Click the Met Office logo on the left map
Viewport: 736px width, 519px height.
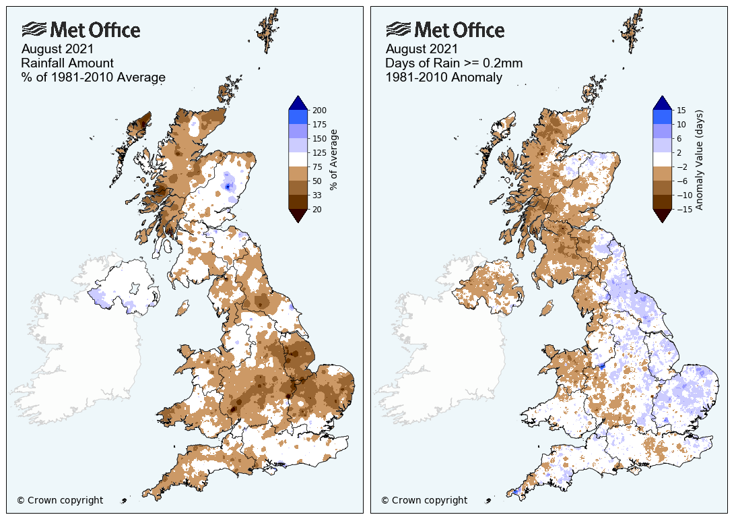81,30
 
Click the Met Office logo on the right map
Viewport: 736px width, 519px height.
445,30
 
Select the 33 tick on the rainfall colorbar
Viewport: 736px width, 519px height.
316,195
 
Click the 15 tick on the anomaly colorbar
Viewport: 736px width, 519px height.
680,110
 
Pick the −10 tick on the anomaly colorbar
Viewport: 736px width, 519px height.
682,195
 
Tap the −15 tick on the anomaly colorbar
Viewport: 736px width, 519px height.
682,210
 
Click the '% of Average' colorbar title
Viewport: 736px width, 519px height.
335,160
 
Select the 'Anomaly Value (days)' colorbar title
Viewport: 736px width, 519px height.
700,160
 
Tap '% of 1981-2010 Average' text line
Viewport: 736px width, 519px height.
93,78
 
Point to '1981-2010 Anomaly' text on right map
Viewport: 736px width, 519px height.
444,78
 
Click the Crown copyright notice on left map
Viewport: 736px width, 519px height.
60,500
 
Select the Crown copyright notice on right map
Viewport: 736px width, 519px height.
424,500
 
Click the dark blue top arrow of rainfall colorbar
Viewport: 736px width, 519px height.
298,102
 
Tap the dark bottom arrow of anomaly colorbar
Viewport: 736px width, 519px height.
662,215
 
